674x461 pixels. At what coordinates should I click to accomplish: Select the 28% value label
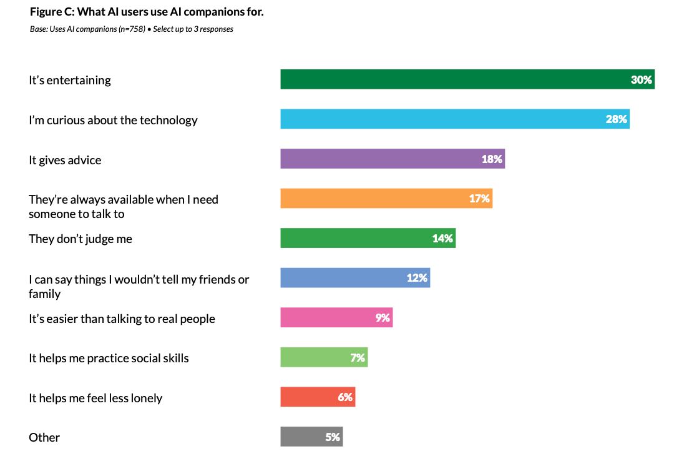coord(616,119)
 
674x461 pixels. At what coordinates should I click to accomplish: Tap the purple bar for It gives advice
coord(381,159)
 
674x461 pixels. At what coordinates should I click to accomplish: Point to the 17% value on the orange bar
coord(479,199)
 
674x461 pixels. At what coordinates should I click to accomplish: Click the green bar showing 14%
coord(356,238)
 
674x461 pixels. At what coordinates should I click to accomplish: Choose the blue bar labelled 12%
coord(343,278)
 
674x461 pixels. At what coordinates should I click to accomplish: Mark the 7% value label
coord(358,357)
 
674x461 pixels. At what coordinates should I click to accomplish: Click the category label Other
coord(44,437)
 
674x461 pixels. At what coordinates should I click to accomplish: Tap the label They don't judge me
coord(81,239)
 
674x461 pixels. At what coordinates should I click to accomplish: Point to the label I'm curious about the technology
coord(113,120)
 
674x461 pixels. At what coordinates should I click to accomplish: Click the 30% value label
coord(641,80)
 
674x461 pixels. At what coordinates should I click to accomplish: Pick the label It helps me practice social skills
coord(109,358)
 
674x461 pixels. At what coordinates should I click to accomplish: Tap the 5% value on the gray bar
coord(333,437)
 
